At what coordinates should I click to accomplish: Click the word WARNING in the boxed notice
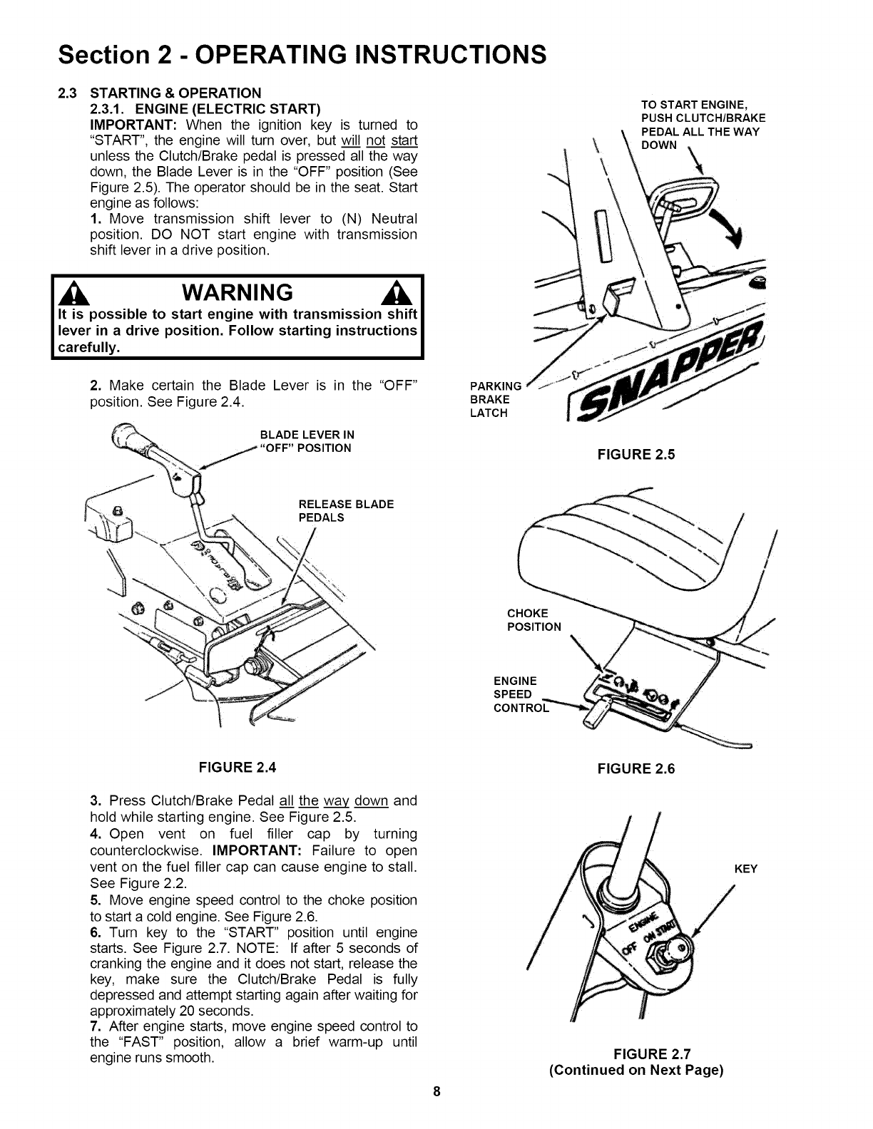[x=238, y=293]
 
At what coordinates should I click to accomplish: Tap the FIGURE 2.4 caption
[x=237, y=768]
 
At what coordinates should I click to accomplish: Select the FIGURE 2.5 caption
[x=635, y=454]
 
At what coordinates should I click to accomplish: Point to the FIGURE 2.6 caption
[x=635, y=768]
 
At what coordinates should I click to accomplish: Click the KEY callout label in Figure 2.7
[x=746, y=869]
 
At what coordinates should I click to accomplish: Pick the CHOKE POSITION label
[x=533, y=620]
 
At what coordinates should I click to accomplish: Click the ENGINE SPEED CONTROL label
[x=521, y=694]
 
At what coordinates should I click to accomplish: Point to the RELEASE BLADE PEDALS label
[x=346, y=511]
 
